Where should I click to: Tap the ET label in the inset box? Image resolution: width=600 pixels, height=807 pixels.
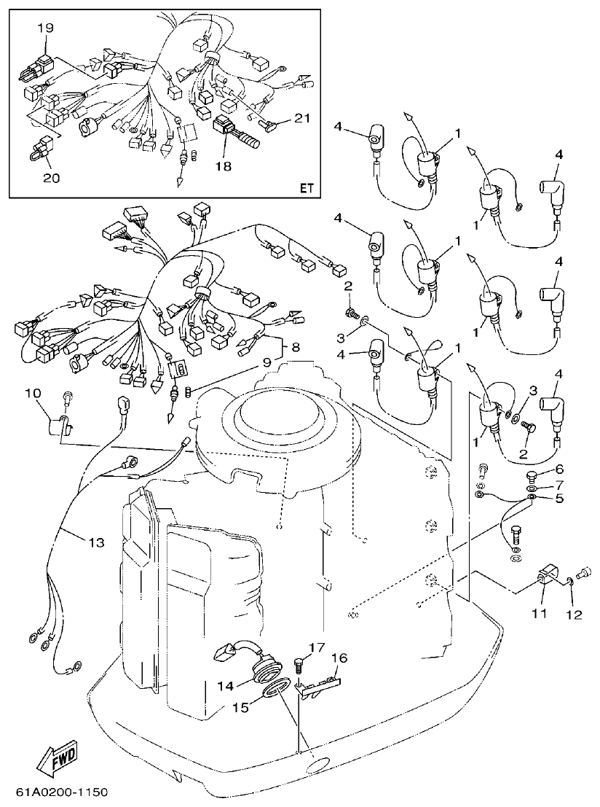click(306, 188)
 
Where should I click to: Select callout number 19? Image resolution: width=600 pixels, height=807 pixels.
click(45, 28)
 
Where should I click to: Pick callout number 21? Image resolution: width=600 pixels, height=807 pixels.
click(303, 117)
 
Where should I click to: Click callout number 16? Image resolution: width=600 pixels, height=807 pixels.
click(339, 658)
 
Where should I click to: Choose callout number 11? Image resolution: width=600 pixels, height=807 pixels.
click(538, 614)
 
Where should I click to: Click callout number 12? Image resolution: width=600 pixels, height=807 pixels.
click(575, 614)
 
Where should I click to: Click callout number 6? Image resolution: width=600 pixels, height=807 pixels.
click(558, 469)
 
